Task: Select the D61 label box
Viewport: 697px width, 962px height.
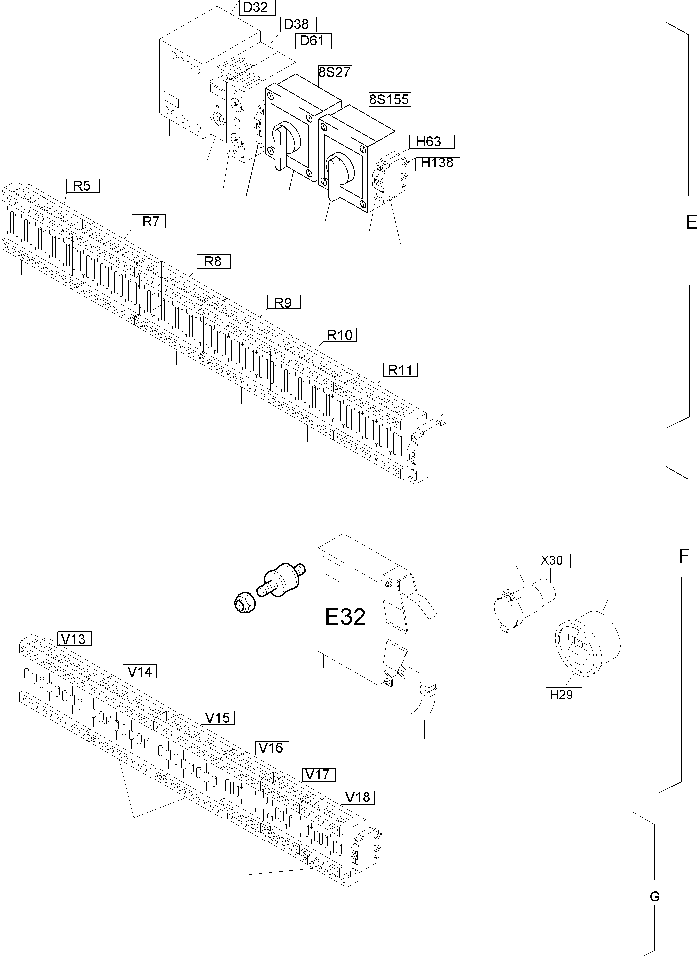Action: [x=312, y=41]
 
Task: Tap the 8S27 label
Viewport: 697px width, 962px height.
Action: [x=335, y=73]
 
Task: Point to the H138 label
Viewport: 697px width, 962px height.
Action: [x=437, y=163]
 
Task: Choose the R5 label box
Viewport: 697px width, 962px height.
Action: [x=82, y=186]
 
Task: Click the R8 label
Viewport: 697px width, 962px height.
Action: [x=213, y=261]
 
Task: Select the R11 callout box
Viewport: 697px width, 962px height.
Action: [x=400, y=370]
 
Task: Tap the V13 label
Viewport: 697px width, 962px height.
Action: [x=74, y=639]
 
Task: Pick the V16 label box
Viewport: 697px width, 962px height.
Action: [x=272, y=748]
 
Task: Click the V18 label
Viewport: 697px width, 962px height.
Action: [x=358, y=797]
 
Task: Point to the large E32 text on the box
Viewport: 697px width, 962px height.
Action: [x=345, y=617]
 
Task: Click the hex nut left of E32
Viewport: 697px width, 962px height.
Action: [x=245, y=603]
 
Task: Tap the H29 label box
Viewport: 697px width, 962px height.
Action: [x=563, y=695]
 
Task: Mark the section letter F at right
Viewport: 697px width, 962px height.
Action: [x=683, y=556]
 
